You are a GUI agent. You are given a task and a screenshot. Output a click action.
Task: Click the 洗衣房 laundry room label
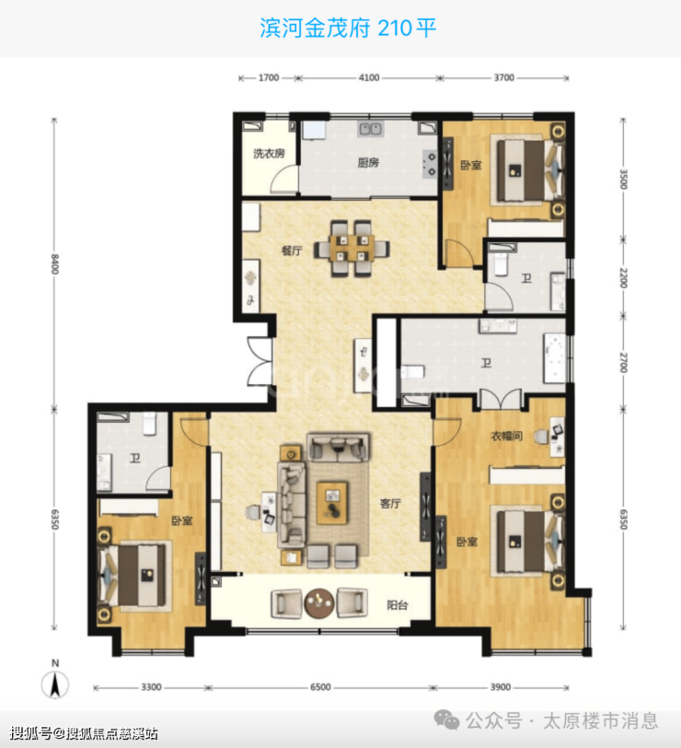point(270,154)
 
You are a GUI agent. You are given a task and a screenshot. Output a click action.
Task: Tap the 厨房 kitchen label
point(368,163)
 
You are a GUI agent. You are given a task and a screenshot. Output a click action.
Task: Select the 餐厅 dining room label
point(292,251)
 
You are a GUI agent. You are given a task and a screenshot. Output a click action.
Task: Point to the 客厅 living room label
point(390,503)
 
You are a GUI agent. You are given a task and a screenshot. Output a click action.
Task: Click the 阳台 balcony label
point(397,605)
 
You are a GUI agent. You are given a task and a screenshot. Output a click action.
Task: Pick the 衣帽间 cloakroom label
point(506,436)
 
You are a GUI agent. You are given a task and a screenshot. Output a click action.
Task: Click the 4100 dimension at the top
point(369,77)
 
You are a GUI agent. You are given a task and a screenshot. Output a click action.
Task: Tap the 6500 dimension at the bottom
point(320,687)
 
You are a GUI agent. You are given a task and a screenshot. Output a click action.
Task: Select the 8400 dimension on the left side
point(54,264)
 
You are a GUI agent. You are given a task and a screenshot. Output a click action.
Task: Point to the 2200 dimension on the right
point(623,277)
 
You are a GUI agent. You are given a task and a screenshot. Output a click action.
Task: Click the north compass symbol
point(55,681)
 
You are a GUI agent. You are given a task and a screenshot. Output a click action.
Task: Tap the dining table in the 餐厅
point(352,248)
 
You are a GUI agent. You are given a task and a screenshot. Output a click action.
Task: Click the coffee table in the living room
point(332,503)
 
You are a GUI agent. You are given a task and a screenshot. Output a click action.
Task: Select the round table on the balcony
point(319,603)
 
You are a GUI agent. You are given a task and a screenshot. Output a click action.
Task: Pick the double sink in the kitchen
point(370,129)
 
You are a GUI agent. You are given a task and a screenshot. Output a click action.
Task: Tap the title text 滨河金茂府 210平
point(348,28)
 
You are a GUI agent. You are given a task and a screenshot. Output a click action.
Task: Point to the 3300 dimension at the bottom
point(151,687)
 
